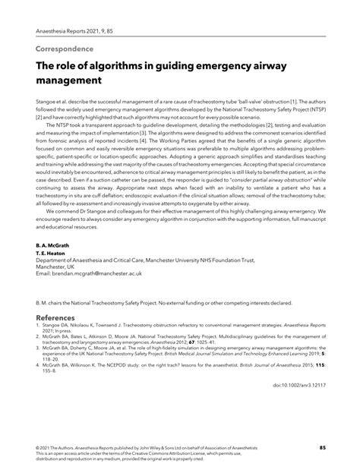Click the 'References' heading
pos(55,317)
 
